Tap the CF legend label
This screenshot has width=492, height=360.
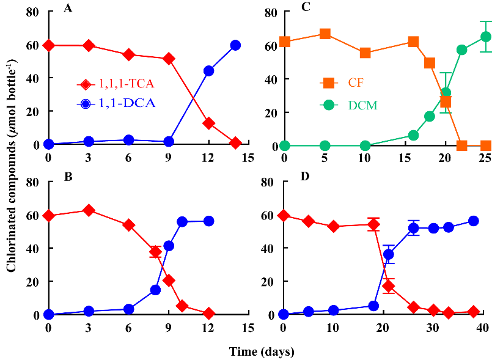pos(355,82)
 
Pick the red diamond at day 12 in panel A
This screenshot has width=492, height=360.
pos(208,123)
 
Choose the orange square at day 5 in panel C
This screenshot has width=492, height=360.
pos(325,34)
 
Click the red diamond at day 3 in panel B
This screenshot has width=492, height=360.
pos(89,210)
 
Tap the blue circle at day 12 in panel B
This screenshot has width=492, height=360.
pos(208,221)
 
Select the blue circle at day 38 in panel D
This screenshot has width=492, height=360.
pos(473,221)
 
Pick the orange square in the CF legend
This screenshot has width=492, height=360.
pos(329,82)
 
